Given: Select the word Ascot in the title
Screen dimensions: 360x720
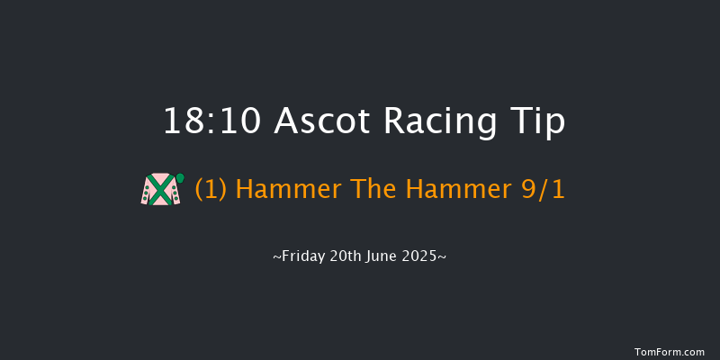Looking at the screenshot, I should [310, 121].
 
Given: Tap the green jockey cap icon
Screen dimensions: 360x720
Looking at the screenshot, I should [180, 177].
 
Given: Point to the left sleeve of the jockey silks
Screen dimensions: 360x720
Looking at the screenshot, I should [147, 193].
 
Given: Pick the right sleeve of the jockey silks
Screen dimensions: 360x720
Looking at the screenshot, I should [175, 193].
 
